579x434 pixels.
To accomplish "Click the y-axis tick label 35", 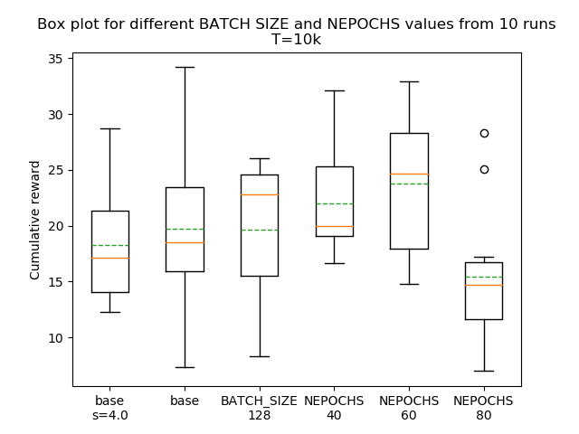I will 55,59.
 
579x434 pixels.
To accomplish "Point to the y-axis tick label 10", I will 55,338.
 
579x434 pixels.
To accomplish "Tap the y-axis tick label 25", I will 55,170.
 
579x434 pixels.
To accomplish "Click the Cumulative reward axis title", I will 35,220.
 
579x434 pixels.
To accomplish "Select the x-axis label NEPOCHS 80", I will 483,408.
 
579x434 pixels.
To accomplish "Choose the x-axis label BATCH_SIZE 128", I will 260,408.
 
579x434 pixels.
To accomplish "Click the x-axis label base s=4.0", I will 109,408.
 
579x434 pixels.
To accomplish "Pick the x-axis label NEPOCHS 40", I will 334,408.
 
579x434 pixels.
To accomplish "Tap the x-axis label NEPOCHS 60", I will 409,408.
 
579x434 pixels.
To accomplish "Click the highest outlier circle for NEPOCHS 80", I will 484,133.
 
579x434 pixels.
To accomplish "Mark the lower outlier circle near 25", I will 484,169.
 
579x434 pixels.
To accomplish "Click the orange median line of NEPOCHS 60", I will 409,174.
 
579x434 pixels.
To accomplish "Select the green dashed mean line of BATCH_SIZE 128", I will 260,230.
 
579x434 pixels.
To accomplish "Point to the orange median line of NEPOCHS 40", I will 334,226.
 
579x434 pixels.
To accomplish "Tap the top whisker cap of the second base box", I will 185,67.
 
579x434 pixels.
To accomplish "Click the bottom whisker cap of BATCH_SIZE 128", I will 260,356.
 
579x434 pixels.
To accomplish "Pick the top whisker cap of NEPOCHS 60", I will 409,81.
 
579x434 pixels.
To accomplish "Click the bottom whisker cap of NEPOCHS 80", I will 483,371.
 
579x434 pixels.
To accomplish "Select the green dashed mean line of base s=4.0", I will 109,245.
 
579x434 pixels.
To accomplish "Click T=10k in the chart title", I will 296,40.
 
